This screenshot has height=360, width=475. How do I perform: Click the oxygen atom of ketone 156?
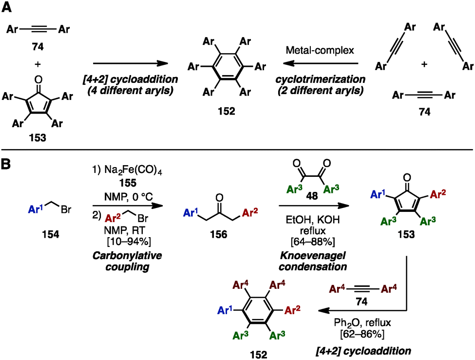pos(220,198)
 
